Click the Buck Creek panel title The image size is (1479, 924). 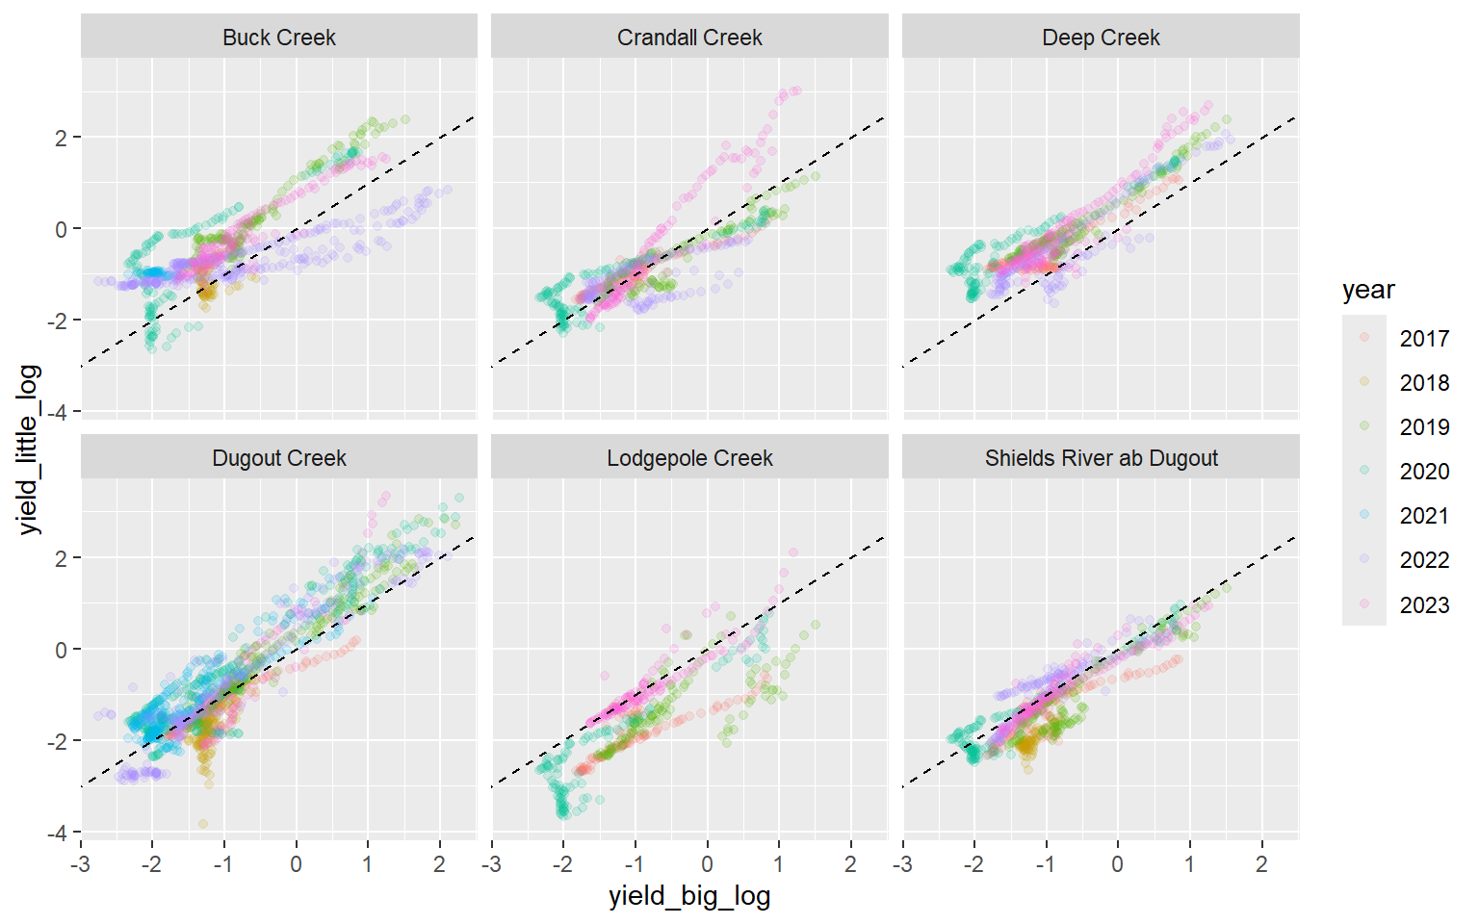point(279,38)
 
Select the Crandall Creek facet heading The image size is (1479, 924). point(689,38)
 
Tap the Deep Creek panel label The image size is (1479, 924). point(1101,38)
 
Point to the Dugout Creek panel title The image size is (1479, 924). point(279,458)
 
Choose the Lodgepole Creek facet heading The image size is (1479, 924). point(689,458)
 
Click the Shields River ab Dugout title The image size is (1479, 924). point(1101,458)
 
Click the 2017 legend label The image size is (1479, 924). point(1424,339)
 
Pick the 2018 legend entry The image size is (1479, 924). point(1424,383)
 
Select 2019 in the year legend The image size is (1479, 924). point(1424,427)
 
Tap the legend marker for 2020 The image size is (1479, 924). point(1364,471)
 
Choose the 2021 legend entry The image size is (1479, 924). point(1424,516)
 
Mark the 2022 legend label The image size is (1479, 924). point(1424,560)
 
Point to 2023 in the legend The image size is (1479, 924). point(1424,604)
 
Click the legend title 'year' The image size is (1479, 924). point(1368,290)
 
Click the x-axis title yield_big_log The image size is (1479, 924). point(689,896)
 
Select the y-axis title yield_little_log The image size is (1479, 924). point(29,449)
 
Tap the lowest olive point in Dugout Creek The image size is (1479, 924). point(202,824)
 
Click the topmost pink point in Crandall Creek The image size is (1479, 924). point(796,91)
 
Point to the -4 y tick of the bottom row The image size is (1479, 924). point(61,833)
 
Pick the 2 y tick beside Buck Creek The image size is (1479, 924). point(62,138)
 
